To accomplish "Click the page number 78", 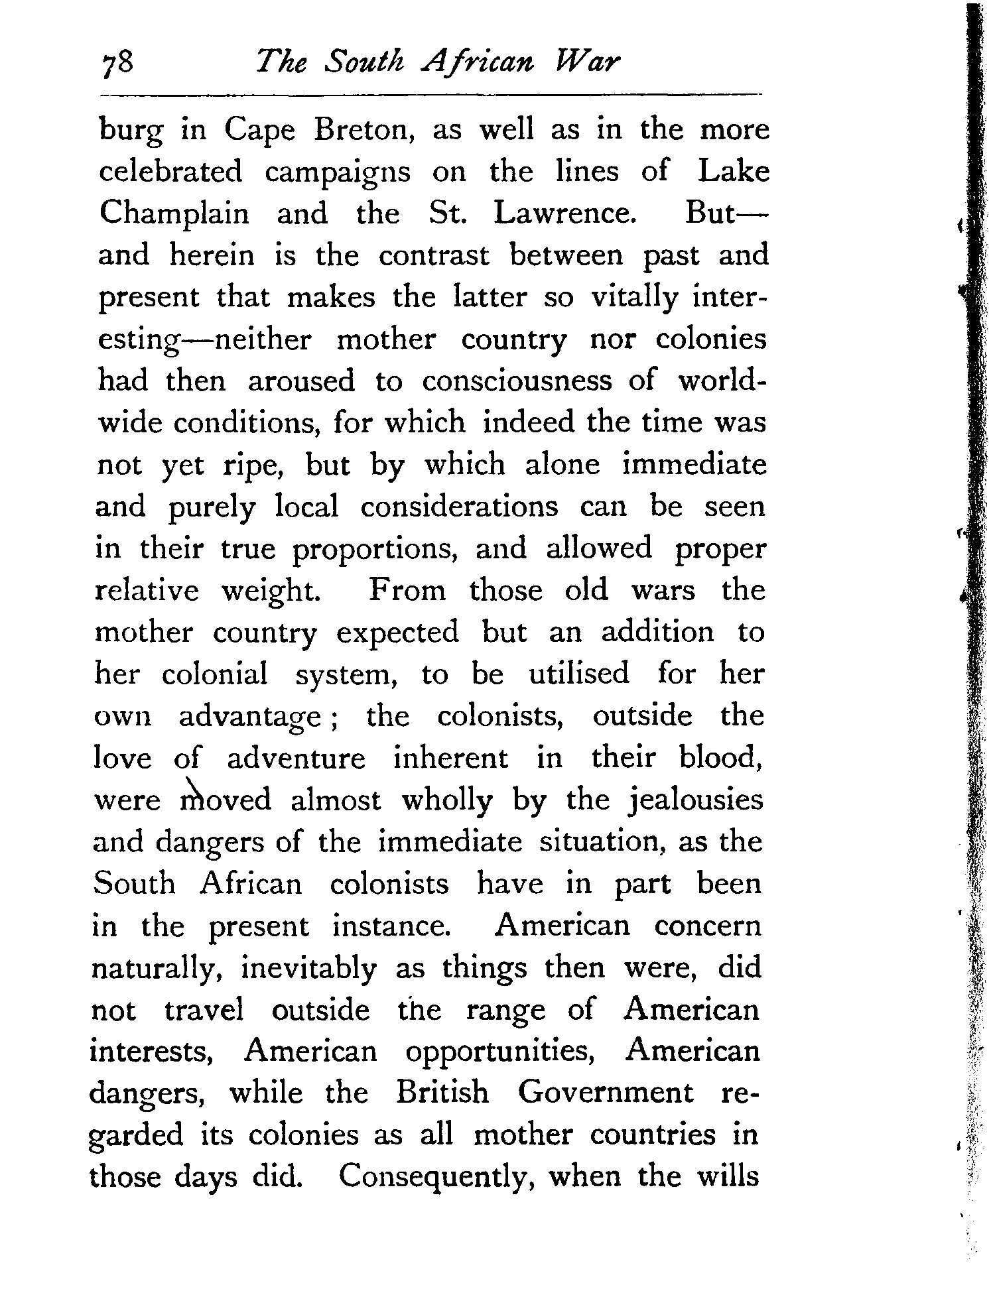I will coord(119,65).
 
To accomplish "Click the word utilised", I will coord(578,674).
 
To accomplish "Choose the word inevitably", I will coord(308,969).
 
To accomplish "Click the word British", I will coord(442,1093).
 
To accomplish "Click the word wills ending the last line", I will coord(728,1176).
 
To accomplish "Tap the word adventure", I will coord(296,759).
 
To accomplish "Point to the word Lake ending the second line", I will coord(734,172).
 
